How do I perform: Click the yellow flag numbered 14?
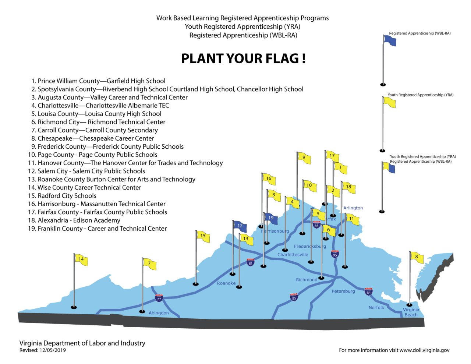point(81,259)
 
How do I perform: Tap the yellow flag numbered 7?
point(150,264)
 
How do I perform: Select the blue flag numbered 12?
point(240,226)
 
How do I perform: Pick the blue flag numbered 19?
point(271,218)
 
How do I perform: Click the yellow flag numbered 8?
point(417,257)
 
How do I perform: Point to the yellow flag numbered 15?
point(203,236)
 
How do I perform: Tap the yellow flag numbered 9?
point(304,158)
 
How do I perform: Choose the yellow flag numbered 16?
point(269,179)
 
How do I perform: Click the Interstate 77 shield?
point(159,298)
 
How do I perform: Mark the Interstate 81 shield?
point(251,262)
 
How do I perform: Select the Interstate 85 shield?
point(294,297)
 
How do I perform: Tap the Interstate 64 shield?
point(369,291)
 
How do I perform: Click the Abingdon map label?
point(159,313)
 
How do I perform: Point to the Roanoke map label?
point(226,283)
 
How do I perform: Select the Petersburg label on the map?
point(343,291)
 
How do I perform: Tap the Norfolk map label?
point(376,307)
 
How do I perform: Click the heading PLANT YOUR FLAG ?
point(243,59)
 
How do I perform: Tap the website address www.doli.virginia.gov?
point(424,350)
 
